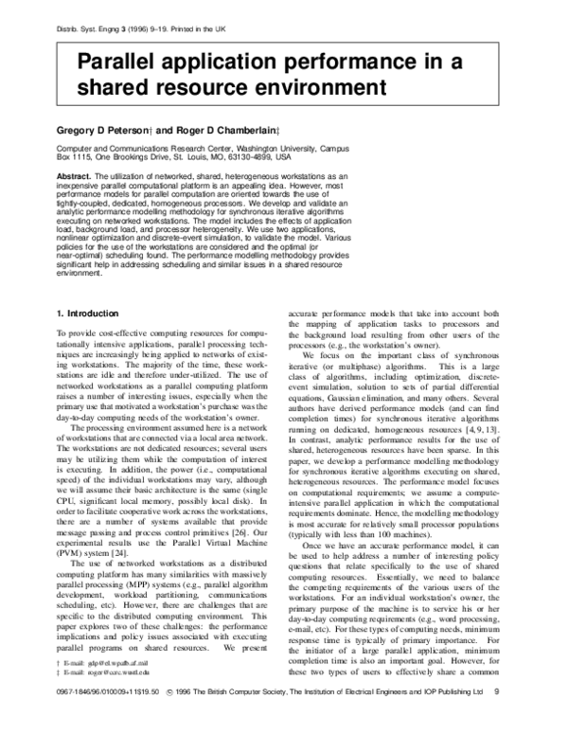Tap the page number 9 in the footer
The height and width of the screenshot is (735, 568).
click(508, 718)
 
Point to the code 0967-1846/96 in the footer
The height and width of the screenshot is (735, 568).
click(80, 718)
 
